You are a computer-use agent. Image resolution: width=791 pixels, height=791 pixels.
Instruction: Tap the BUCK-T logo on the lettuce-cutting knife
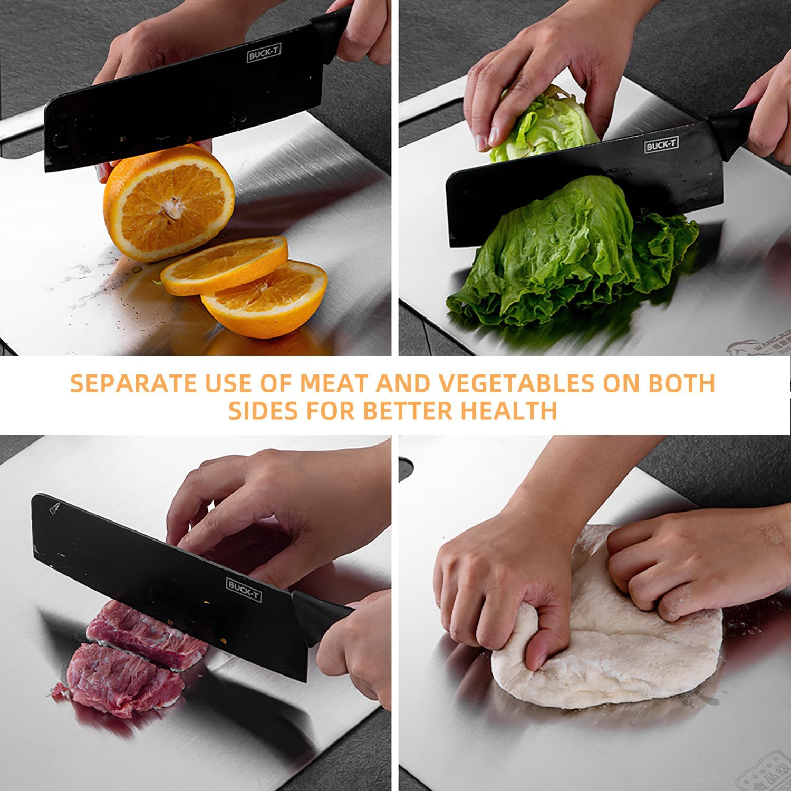tap(661, 146)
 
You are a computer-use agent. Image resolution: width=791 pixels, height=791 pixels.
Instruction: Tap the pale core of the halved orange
tap(170, 207)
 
